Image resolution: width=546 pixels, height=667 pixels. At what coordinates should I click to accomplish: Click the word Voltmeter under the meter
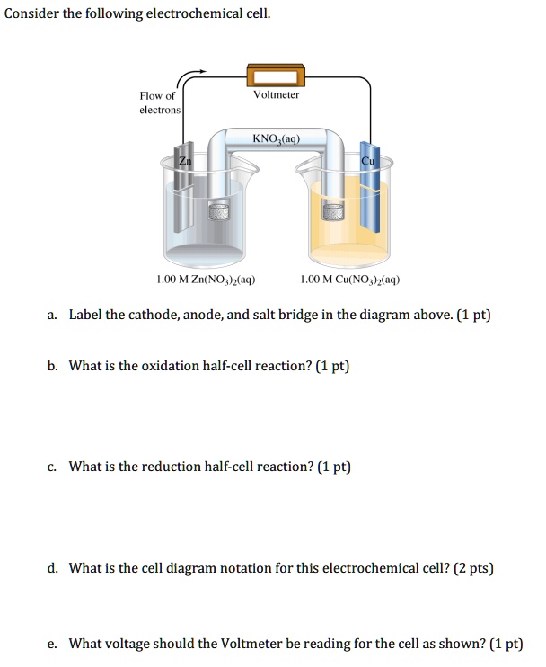pyautogui.click(x=277, y=94)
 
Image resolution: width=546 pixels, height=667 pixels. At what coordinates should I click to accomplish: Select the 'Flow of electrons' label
pyautogui.click(x=159, y=102)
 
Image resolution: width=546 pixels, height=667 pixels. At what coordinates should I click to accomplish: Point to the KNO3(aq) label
pyautogui.click(x=276, y=139)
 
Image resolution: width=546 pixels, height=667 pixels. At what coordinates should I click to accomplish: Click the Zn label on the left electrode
pyautogui.click(x=185, y=160)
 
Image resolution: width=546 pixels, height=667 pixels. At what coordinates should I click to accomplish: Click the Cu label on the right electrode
pyautogui.click(x=367, y=160)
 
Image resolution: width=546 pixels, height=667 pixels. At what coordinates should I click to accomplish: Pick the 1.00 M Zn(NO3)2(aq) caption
pyautogui.click(x=206, y=279)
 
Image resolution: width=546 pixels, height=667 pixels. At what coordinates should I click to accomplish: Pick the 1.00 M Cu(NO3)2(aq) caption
pyautogui.click(x=350, y=279)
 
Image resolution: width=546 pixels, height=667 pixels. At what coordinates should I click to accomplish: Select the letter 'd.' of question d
pyautogui.click(x=54, y=568)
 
